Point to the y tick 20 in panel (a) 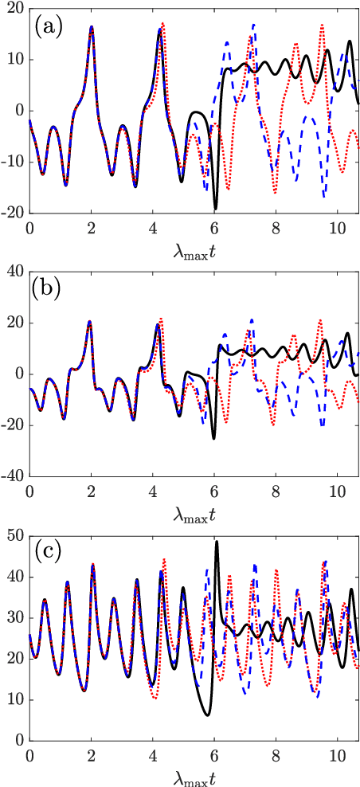coord(15,9)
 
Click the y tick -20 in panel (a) coord(12,213)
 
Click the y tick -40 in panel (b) coord(12,476)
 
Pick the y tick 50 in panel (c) coord(15,534)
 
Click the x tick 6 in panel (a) coord(214,226)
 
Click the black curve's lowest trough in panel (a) coord(215,209)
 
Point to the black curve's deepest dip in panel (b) coord(213,438)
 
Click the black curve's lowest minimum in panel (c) coord(208,715)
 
